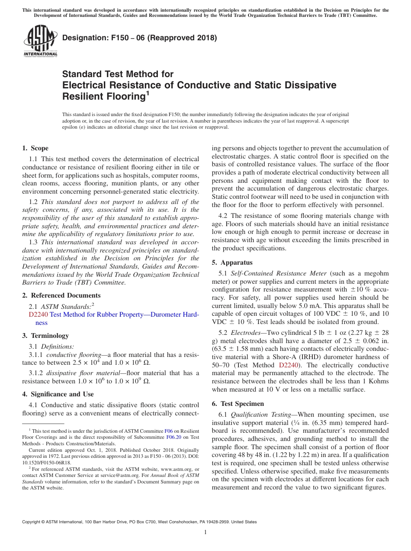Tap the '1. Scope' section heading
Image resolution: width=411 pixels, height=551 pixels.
(35, 148)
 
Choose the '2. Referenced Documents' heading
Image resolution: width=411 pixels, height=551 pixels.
(61, 295)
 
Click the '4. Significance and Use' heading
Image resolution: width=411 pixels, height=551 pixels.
(58, 394)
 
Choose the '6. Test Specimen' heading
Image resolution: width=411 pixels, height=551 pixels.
(238, 404)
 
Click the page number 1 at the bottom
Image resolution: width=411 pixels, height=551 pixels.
(205, 533)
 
